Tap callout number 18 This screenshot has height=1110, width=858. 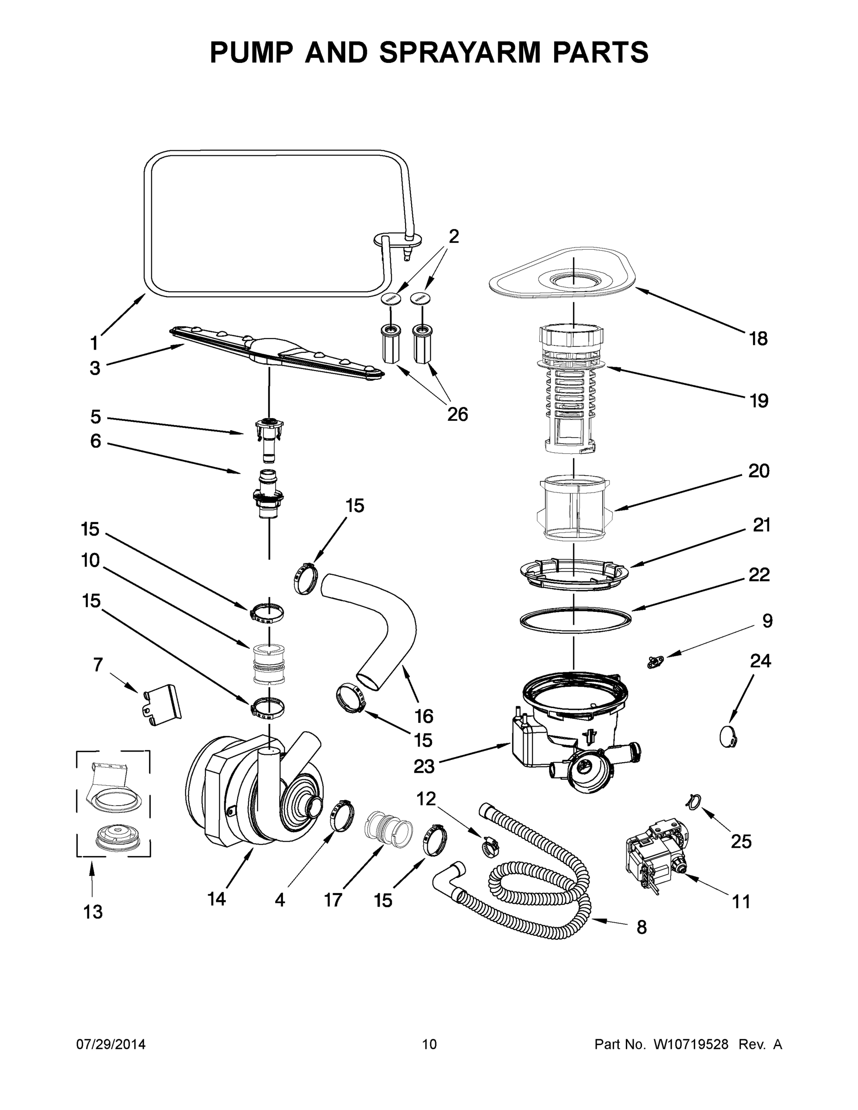[759, 339]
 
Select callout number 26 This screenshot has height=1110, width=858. [457, 414]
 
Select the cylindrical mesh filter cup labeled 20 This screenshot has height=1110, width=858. [574, 508]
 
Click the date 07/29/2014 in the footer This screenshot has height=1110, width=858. [111, 1044]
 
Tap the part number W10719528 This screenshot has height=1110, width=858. [691, 1044]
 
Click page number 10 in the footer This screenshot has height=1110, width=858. [429, 1044]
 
